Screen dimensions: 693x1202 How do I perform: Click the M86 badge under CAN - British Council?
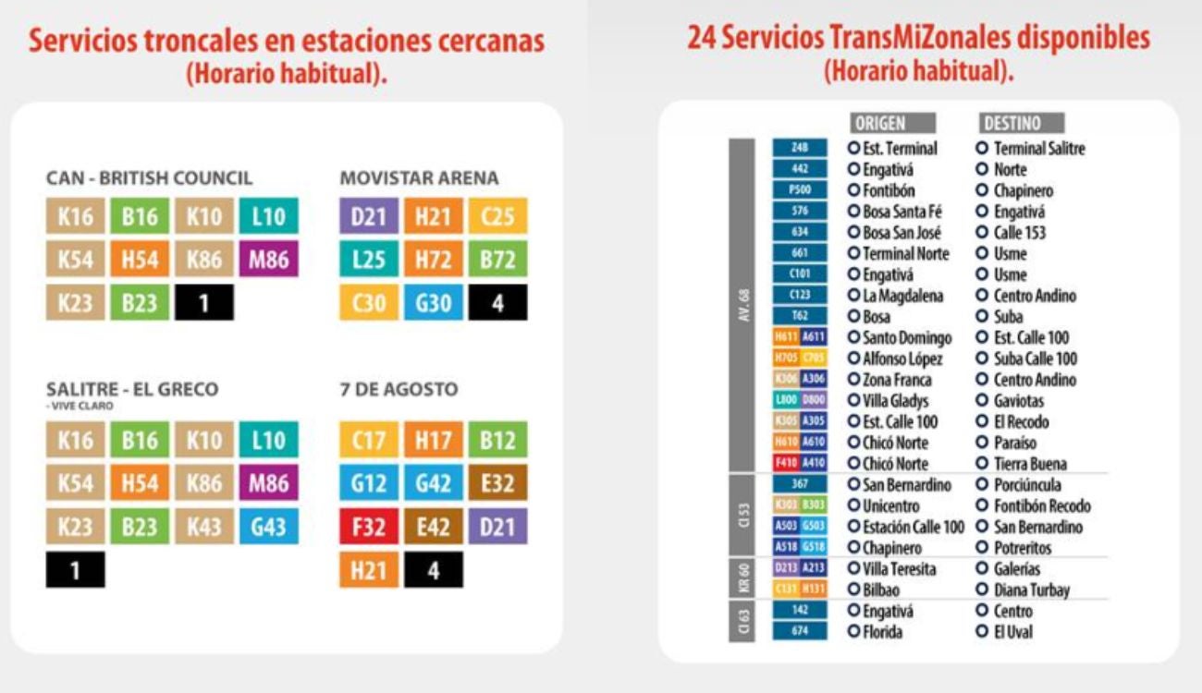click(268, 261)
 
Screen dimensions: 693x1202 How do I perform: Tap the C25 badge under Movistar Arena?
click(497, 216)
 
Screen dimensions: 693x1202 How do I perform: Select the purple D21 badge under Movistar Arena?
click(369, 216)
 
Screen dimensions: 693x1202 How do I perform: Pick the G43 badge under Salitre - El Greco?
click(268, 526)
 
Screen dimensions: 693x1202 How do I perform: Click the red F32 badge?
click(369, 526)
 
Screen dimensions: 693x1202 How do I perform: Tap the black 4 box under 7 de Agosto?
click(433, 570)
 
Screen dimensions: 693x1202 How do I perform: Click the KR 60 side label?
click(742, 578)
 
